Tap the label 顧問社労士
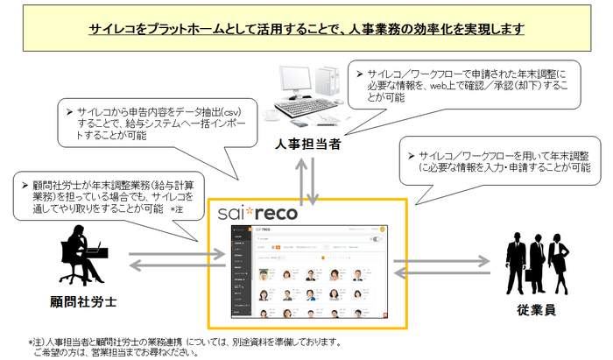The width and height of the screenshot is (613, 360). (84, 302)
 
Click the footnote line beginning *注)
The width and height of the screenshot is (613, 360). (184, 342)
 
